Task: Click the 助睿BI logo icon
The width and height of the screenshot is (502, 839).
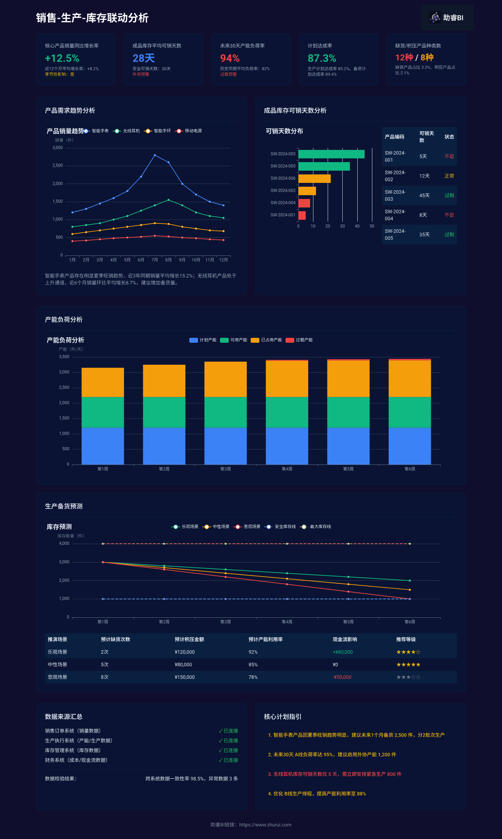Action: (435, 17)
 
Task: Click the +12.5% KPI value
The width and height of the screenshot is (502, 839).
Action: (62, 58)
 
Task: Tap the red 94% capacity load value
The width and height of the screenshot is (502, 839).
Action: (230, 58)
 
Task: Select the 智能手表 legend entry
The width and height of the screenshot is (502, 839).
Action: (96, 131)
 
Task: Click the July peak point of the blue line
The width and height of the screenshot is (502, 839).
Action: (155, 155)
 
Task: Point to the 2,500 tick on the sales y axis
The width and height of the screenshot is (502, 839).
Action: (58, 165)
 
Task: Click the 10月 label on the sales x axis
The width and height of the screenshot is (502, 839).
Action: (196, 260)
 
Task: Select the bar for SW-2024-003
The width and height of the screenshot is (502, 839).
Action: (332, 154)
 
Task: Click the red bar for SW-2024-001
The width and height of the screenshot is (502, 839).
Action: (302, 215)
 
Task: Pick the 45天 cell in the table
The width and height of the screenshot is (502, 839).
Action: (424, 195)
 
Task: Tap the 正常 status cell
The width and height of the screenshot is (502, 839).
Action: (449, 176)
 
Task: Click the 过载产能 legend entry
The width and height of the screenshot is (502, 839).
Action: (299, 340)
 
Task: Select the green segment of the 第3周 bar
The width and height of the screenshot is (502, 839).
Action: (226, 412)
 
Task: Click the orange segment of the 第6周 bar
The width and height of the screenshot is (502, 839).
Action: (410, 379)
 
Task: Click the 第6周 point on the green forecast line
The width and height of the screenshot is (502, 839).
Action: (410, 581)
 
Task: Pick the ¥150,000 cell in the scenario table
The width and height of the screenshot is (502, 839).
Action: (185, 677)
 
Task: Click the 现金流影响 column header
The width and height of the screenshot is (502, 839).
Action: (345, 639)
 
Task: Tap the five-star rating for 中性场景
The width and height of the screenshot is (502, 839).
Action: (408, 664)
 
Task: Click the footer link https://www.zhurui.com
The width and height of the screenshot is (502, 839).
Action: (265, 825)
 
